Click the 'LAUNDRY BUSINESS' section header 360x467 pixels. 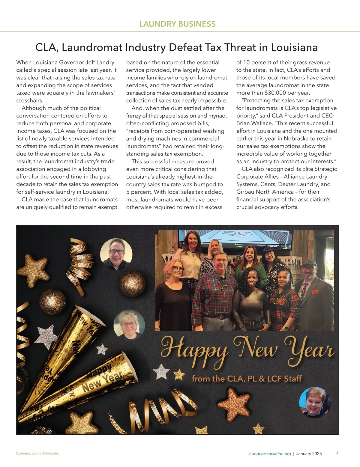(x=178, y=24)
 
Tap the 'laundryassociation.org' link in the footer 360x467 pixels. (x=270, y=454)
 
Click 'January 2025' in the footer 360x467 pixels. (x=309, y=454)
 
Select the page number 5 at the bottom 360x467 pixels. (x=337, y=453)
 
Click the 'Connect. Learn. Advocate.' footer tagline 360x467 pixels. (x=37, y=454)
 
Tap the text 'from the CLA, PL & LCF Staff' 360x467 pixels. (x=247, y=379)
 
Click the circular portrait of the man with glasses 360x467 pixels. (x=116, y=255)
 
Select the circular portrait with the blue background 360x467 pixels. (x=315, y=402)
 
